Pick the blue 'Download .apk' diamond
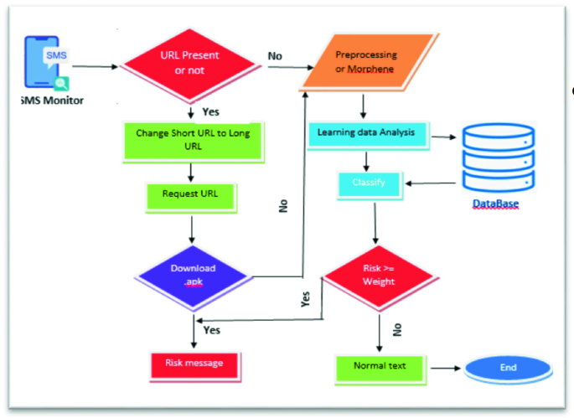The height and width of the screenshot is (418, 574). tap(194, 275)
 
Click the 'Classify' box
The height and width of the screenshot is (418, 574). tap(369, 183)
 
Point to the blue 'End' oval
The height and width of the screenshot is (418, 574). tap(508, 368)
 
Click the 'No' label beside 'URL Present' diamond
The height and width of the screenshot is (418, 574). tap(275, 55)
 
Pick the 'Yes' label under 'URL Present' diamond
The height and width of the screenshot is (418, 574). tap(212, 110)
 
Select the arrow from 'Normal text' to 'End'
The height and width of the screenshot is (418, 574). tap(443, 368)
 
